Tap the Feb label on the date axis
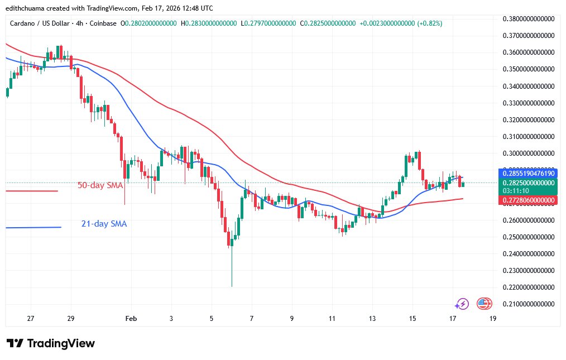pos(131,319)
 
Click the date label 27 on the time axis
pos(31,319)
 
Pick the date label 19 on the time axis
pos(493,319)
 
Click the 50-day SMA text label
pos(100,185)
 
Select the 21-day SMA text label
pos(104,224)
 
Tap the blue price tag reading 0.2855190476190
pos(526,172)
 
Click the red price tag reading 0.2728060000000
pos(526,200)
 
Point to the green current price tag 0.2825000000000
pos(526,183)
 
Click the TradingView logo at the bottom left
pos(51,343)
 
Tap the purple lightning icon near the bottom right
pos(462,304)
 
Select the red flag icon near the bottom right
pos(483,304)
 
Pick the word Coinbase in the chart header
pos(103,23)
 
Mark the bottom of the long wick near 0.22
pos(231,286)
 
